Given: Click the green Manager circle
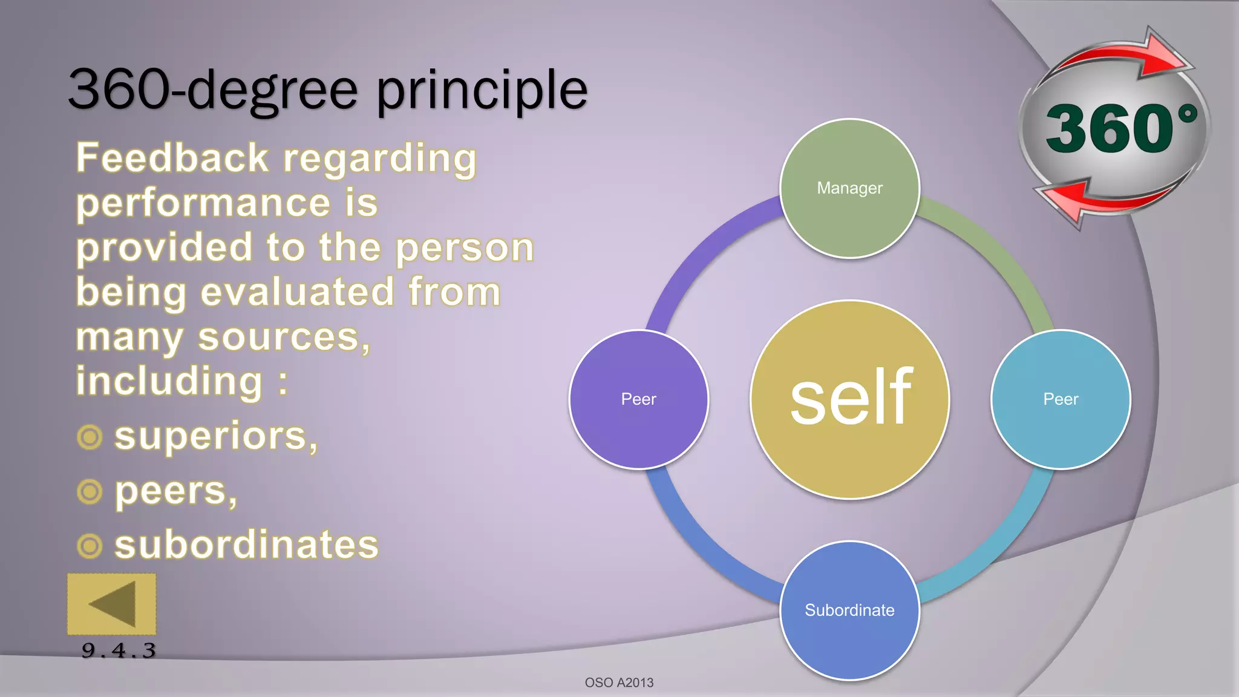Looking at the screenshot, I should [849, 188].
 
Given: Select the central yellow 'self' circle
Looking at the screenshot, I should [849, 399].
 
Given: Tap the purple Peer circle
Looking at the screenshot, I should [639, 399].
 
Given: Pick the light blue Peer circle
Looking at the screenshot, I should [1061, 399].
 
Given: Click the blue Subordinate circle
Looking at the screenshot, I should [849, 610].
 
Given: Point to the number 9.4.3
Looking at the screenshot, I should [119, 651].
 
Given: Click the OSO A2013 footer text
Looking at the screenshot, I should [619, 682].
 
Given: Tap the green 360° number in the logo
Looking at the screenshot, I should [1110, 128].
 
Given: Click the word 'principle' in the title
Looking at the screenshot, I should [482, 91].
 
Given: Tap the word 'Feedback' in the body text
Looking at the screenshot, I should [172, 159].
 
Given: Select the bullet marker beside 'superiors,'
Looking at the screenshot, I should [90, 437].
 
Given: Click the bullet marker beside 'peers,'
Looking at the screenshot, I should [90, 491].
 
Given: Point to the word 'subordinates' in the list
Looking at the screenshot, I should [246, 545].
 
